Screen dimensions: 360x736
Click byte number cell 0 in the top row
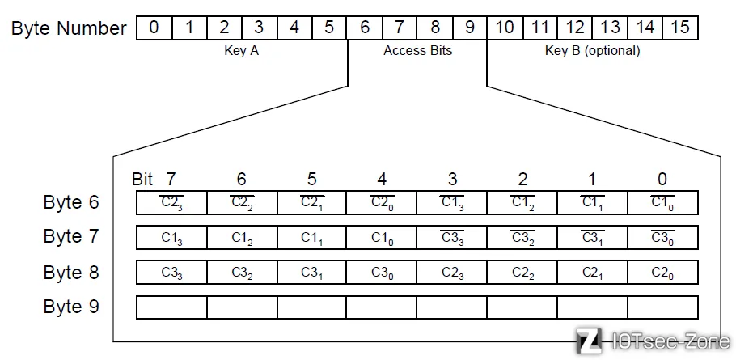click(154, 28)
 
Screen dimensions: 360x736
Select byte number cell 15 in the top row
click(680, 28)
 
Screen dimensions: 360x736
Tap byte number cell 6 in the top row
click(364, 28)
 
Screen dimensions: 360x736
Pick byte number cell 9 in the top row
click(470, 28)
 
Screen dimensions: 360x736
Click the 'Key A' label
click(241, 51)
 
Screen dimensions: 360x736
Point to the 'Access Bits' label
click(417, 51)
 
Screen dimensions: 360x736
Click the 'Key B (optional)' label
click(593, 51)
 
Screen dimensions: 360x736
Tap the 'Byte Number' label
click(69, 28)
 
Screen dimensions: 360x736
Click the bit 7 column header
click(171, 179)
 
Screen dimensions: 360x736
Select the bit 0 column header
click(662, 179)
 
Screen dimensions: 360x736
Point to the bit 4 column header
click(382, 179)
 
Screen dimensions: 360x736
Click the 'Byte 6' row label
click(71, 202)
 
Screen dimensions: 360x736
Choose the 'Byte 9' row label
click(71, 307)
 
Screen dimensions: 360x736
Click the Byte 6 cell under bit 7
click(171, 202)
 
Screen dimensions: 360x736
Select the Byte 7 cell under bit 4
click(382, 237)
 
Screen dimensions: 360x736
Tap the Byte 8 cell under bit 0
click(662, 273)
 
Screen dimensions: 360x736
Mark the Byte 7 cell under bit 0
click(662, 237)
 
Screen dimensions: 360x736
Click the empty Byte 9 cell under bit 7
click(171, 307)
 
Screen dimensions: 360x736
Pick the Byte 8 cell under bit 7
click(171, 273)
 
